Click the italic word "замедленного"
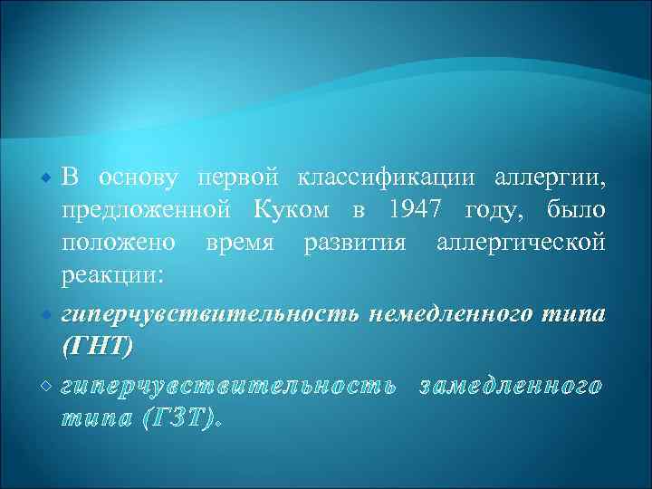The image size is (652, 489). coord(509,386)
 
